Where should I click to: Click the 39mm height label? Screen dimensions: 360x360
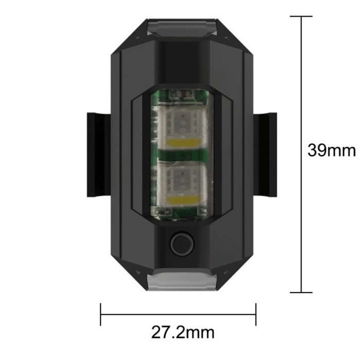pos(331,150)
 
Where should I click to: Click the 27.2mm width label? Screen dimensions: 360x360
pos(183,332)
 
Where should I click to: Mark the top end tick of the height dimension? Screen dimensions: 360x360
pos(301,16)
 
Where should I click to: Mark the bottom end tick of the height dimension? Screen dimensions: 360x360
pos(301,293)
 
